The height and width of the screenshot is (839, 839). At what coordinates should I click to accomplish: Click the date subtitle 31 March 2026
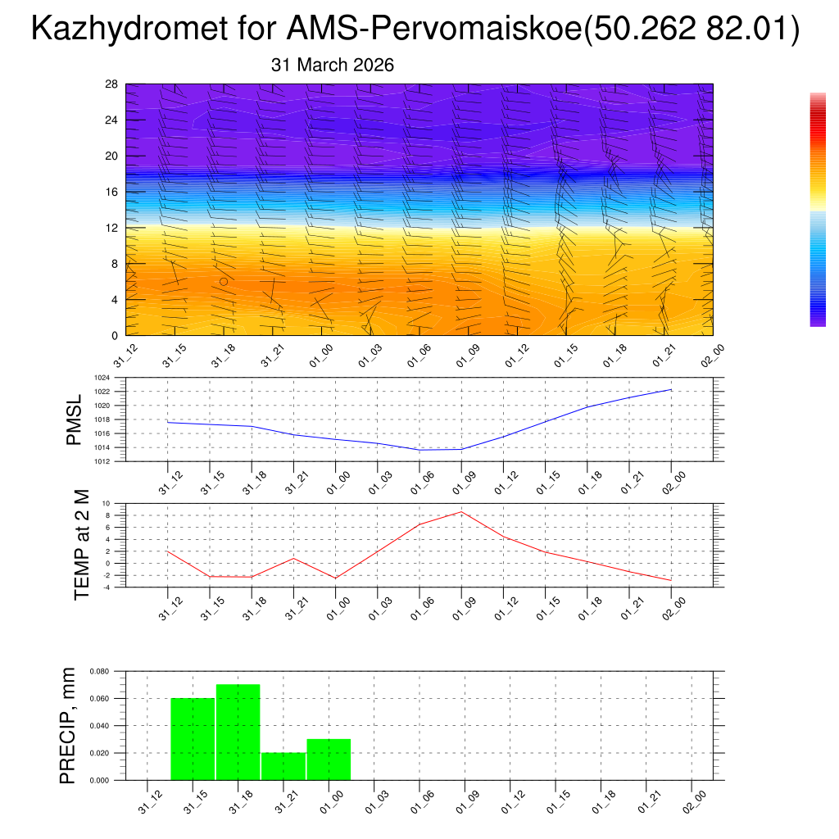coord(332,66)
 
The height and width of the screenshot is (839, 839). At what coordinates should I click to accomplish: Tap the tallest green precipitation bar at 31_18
coord(238,731)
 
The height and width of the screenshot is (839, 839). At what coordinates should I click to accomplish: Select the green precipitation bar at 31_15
coord(193,738)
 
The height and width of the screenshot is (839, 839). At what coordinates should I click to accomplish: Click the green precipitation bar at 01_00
coord(329,759)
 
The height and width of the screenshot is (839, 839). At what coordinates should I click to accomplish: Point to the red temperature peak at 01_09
coord(461,512)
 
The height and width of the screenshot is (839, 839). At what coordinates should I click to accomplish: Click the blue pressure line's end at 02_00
coord(672,390)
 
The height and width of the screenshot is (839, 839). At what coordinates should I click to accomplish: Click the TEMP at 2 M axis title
coord(81,544)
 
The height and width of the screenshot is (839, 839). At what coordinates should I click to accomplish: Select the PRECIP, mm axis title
coord(69,724)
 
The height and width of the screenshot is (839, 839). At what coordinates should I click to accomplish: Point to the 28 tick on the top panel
coord(112,84)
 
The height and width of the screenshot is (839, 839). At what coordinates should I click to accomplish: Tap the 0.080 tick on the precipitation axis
coord(100,671)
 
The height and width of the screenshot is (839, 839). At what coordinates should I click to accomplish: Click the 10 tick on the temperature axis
coord(107,503)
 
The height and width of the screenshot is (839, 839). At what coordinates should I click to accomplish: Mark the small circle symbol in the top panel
coord(224,281)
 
